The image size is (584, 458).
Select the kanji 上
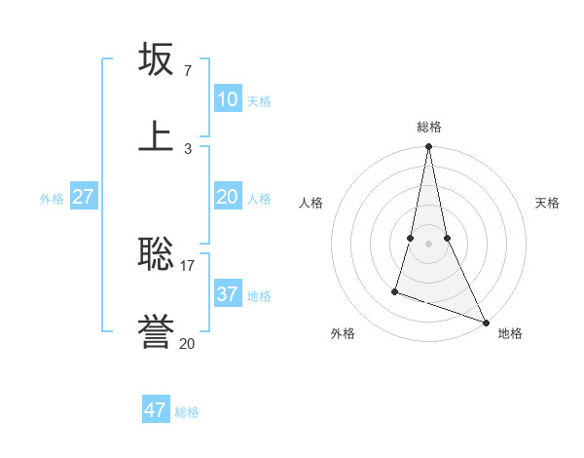click(x=157, y=134)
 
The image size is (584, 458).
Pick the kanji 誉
click(x=157, y=331)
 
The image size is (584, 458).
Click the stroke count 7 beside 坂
click(x=188, y=70)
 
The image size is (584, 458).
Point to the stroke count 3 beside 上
click(x=188, y=148)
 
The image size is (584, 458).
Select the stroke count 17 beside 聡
click(x=188, y=265)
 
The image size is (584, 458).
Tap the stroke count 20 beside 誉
click(x=188, y=343)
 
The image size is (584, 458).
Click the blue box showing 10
click(x=228, y=99)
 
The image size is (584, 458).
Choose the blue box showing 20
click(x=228, y=197)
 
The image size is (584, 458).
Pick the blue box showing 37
click(x=228, y=293)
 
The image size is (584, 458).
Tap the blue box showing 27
click(x=84, y=197)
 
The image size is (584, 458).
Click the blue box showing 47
click(x=156, y=410)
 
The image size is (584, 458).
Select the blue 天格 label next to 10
click(x=259, y=101)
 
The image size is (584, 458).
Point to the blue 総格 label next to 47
click(x=187, y=412)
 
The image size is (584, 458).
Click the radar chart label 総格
click(x=429, y=127)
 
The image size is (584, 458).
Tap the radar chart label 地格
click(x=510, y=333)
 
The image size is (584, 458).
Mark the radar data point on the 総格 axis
click(x=429, y=147)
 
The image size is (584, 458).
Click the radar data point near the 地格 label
click(x=486, y=322)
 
